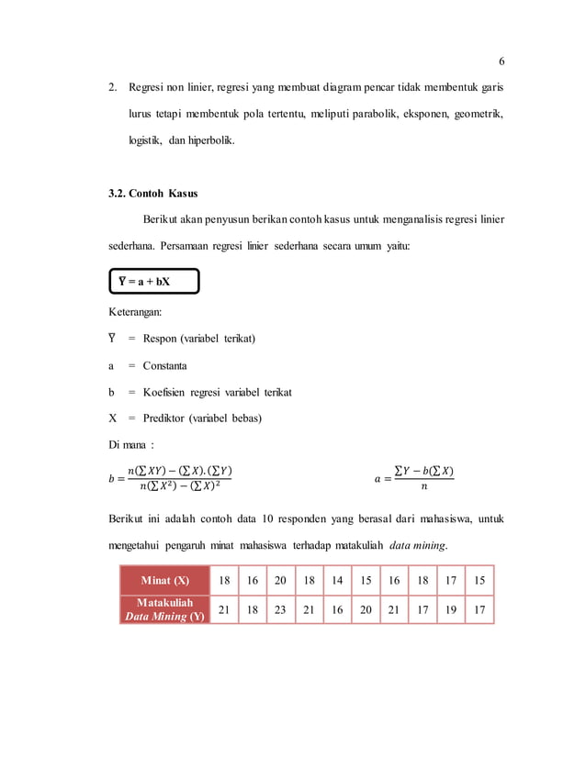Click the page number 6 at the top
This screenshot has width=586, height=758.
[x=501, y=61]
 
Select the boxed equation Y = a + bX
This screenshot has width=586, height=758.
[x=152, y=281]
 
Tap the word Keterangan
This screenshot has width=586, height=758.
[x=135, y=312]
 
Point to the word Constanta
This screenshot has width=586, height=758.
[x=164, y=365]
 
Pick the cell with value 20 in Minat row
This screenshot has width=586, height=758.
[x=280, y=581]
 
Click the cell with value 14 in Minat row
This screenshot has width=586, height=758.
[x=337, y=581]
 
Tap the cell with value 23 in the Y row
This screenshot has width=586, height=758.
[x=280, y=609]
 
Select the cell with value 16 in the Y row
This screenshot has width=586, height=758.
[x=337, y=609]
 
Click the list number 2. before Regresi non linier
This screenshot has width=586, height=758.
[x=113, y=89]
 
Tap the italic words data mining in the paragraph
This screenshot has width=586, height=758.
[x=417, y=545]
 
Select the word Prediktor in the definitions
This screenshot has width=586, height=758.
[x=166, y=418]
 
